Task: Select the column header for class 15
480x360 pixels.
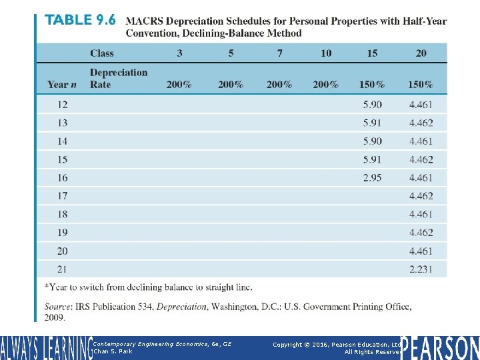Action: (371, 53)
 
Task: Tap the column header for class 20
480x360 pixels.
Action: (421, 53)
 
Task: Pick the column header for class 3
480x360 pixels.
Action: (179, 53)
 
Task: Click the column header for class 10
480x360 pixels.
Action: (325, 53)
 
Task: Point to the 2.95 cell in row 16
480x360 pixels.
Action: (372, 178)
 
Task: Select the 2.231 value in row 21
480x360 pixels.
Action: (421, 269)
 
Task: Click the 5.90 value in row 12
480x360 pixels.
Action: (372, 105)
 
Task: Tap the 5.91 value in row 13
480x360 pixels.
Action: (372, 123)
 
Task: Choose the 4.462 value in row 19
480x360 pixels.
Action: (421, 233)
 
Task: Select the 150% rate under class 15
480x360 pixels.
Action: (371, 85)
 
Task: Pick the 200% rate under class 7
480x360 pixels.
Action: (279, 85)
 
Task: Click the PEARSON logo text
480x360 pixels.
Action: (440, 347)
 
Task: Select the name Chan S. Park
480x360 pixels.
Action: (113, 351)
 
